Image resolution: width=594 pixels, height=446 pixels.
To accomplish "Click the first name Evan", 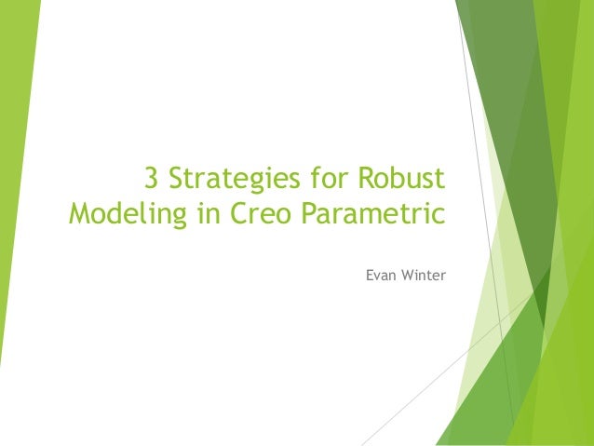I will [381, 276].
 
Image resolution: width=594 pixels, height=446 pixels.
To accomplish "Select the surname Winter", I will [424, 276].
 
